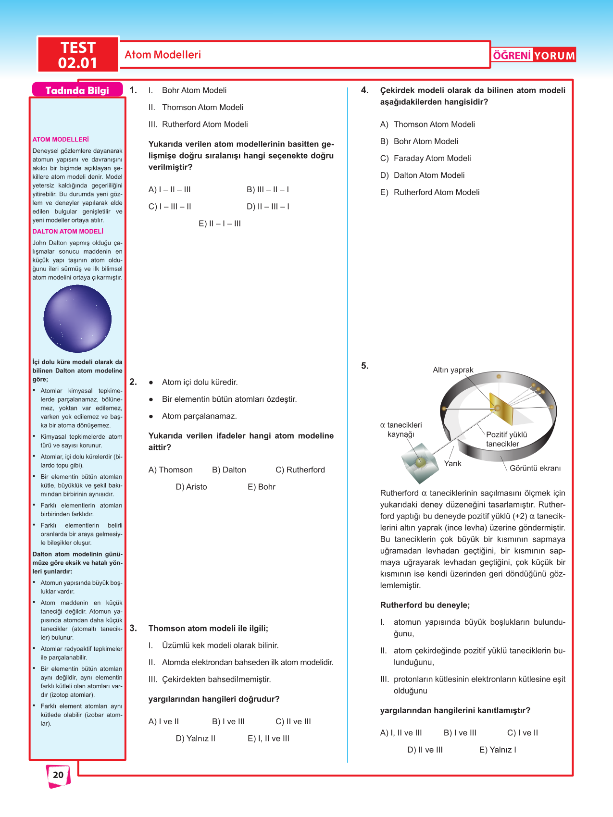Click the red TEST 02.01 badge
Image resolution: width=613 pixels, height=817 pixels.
pyautogui.click(x=78, y=55)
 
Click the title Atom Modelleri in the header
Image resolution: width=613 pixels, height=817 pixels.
pyautogui.click(x=163, y=55)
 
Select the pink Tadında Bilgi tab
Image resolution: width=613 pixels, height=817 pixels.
pyautogui.click(x=77, y=90)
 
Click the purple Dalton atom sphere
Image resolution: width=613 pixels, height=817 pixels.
pyautogui.click(x=77, y=319)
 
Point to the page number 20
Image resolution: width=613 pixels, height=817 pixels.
pyautogui.click(x=58, y=775)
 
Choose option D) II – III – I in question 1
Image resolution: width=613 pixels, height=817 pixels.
pyautogui.click(x=268, y=207)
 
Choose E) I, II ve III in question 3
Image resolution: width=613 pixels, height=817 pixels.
pyautogui.click(x=268, y=739)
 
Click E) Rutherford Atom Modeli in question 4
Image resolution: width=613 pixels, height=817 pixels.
pyautogui.click(x=430, y=192)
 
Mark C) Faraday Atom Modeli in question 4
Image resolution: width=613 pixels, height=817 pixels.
pyautogui.click(x=425, y=159)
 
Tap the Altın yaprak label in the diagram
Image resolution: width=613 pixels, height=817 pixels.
pyautogui.click(x=453, y=370)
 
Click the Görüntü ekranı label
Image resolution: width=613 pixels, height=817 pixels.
pyautogui.click(x=535, y=469)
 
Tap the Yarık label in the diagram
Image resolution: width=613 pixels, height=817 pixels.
pyautogui.click(x=452, y=464)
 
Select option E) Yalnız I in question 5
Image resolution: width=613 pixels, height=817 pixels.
pyautogui.click(x=498, y=750)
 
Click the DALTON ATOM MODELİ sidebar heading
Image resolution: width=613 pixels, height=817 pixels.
pyautogui.click(x=68, y=232)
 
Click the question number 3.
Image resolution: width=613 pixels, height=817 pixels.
pyautogui.click(x=133, y=628)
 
